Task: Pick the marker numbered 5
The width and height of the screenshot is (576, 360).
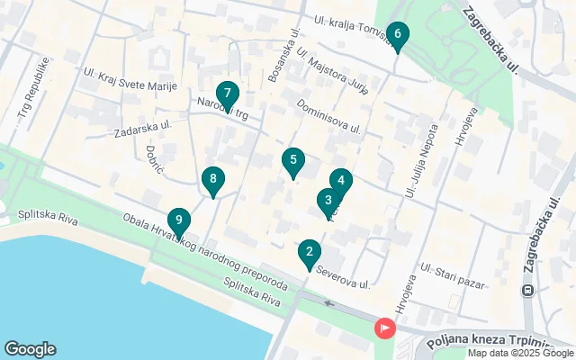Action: (x=292, y=162)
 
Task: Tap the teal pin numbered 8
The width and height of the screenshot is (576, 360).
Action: (x=212, y=180)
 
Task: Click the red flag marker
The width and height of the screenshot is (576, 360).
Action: (x=384, y=328)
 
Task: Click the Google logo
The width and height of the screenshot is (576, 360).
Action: (x=30, y=349)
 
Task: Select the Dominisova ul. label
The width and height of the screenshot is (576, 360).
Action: (x=328, y=116)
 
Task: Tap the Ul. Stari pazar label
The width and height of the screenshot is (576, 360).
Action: (x=455, y=262)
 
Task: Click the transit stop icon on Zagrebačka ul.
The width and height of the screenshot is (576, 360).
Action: (x=528, y=290)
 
